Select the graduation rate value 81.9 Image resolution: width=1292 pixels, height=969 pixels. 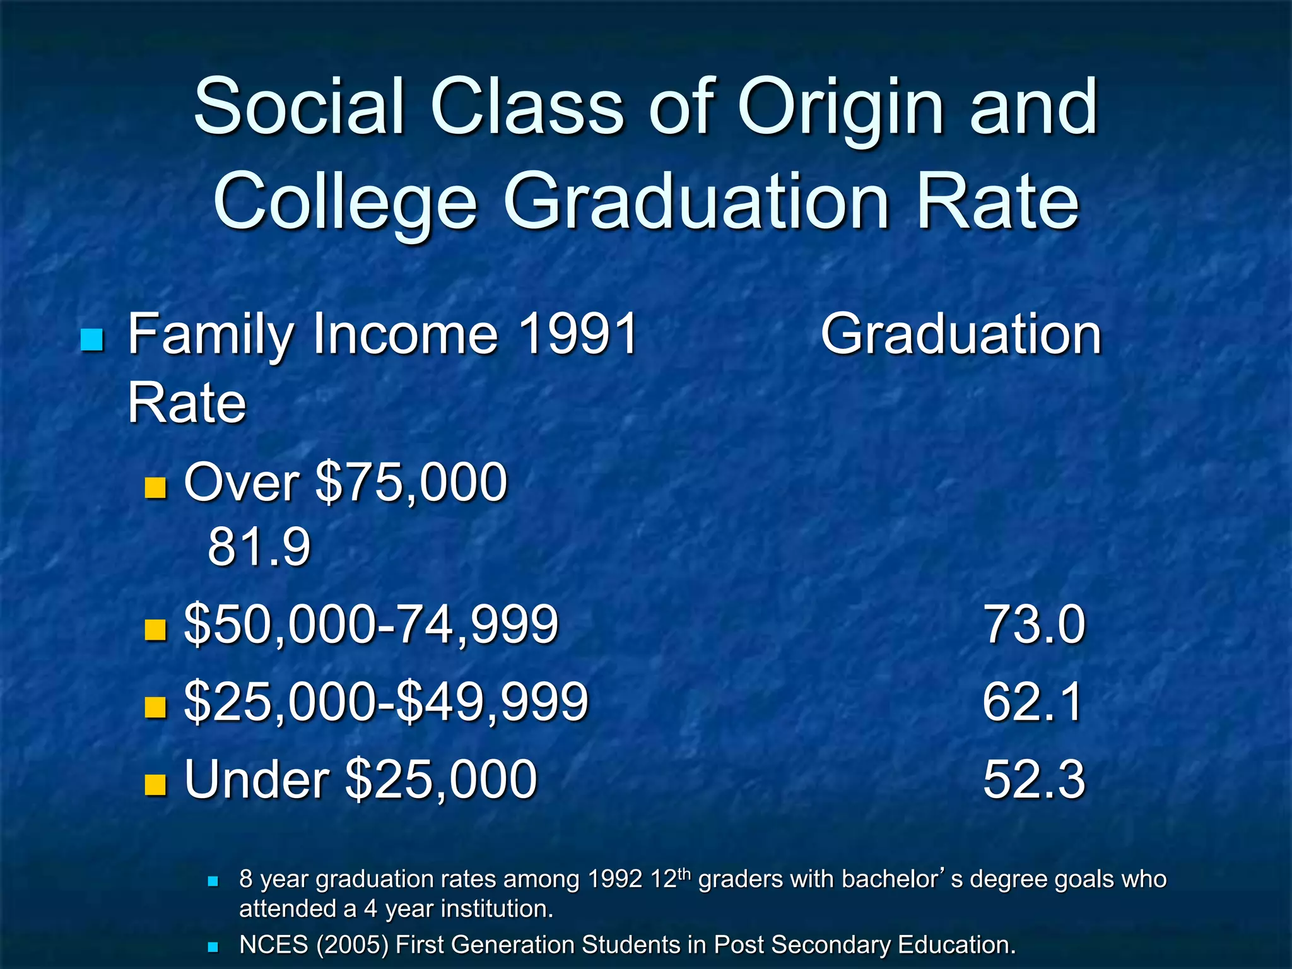pyautogui.click(x=259, y=546)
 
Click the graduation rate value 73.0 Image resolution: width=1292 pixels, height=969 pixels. pyautogui.click(x=1034, y=625)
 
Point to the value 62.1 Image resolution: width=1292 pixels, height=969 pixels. pyautogui.click(x=1033, y=702)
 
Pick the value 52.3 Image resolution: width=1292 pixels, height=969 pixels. pyautogui.click(x=1034, y=780)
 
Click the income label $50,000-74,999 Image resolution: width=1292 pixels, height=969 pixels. pyautogui.click(x=371, y=625)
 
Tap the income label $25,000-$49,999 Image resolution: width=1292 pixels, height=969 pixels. pyautogui.click(x=386, y=702)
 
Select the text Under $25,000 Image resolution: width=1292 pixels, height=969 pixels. pyautogui.click(x=360, y=780)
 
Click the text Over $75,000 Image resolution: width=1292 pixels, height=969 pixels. pyautogui.click(x=345, y=483)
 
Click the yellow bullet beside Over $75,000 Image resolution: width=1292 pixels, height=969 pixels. pyautogui.click(x=155, y=488)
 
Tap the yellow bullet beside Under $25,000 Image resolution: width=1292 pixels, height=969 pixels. pyautogui.click(x=155, y=785)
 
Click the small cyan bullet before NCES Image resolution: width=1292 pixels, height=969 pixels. pyautogui.click(x=213, y=946)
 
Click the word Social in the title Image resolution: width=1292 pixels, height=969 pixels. pyautogui.click(x=299, y=109)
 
